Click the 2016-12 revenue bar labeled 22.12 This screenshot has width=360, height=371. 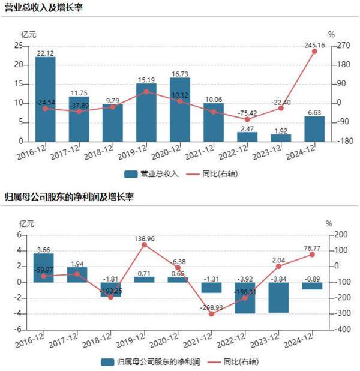pos(45,99)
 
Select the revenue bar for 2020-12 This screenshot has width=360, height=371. pos(180,110)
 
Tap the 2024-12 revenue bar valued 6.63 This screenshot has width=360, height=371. pos(314,128)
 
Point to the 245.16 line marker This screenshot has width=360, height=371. pos(314,51)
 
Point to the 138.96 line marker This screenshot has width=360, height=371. pos(145,245)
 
